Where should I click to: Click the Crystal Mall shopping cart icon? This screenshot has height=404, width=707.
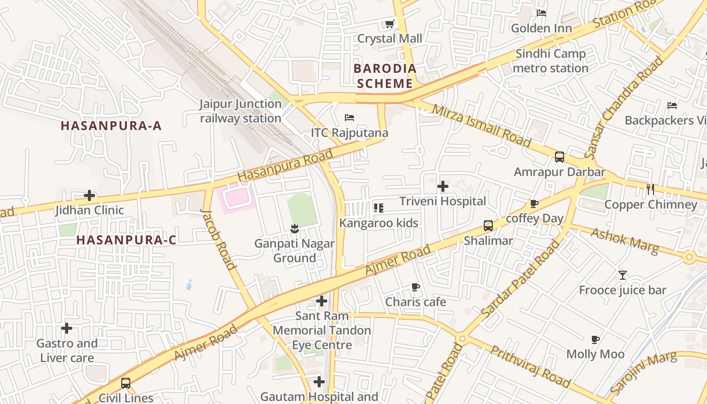[389, 24]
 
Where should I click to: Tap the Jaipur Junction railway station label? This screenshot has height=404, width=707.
[240, 111]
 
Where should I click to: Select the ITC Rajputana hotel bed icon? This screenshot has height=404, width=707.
[349, 118]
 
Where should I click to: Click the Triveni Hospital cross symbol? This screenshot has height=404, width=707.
[443, 186]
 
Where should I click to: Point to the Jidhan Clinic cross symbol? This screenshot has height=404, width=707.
[89, 195]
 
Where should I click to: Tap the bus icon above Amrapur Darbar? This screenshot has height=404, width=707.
[560, 157]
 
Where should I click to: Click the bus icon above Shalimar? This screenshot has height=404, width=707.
[488, 226]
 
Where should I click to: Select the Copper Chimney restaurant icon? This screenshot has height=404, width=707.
[650, 189]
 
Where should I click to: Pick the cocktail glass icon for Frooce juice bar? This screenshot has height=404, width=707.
[622, 275]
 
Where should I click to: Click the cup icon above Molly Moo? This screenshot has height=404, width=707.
[595, 339]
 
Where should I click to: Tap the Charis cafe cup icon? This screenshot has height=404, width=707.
[415, 287]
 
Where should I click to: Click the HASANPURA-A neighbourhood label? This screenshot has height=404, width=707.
[111, 126]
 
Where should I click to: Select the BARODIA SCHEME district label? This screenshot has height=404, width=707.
[385, 76]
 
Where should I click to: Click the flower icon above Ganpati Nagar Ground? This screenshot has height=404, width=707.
[294, 229]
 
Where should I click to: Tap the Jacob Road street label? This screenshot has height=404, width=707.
[219, 239]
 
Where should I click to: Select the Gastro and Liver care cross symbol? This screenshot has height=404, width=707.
[66, 329]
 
